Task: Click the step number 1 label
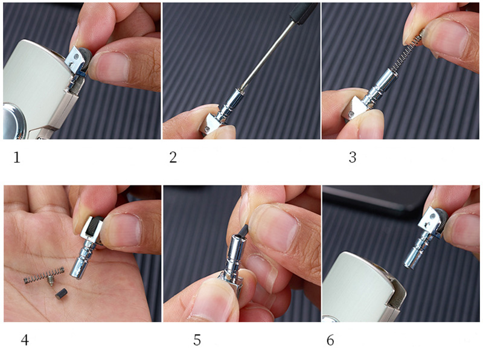pyautogui.click(x=17, y=157)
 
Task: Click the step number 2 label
pyautogui.click(x=173, y=157)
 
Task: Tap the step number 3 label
pyautogui.click(x=353, y=157)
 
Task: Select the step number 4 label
pyautogui.click(x=25, y=340)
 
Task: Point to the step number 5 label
pyautogui.click(x=197, y=340)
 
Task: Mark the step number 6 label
pyautogui.click(x=330, y=340)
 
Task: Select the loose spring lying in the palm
pyautogui.click(x=44, y=276)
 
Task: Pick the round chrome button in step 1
pyautogui.click(x=11, y=121)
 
